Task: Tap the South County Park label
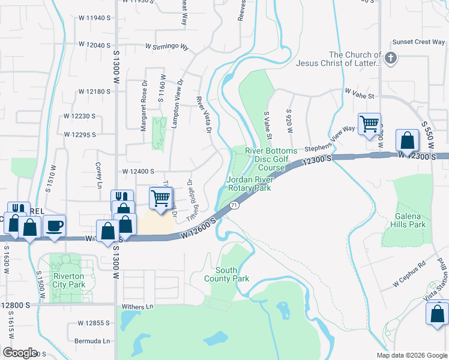click(x=228, y=274)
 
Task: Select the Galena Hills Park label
click(x=411, y=220)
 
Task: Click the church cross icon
click(x=391, y=58)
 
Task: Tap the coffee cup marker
click(x=55, y=227)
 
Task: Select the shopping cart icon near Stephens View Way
click(x=369, y=124)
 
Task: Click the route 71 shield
click(x=234, y=205)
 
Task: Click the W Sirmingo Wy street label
click(x=166, y=46)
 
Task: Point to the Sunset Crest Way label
click(x=418, y=42)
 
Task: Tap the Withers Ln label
click(x=137, y=307)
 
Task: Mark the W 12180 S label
click(x=94, y=92)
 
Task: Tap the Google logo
click(x=20, y=353)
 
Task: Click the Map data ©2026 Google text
click(x=411, y=355)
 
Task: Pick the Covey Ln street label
click(x=98, y=175)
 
